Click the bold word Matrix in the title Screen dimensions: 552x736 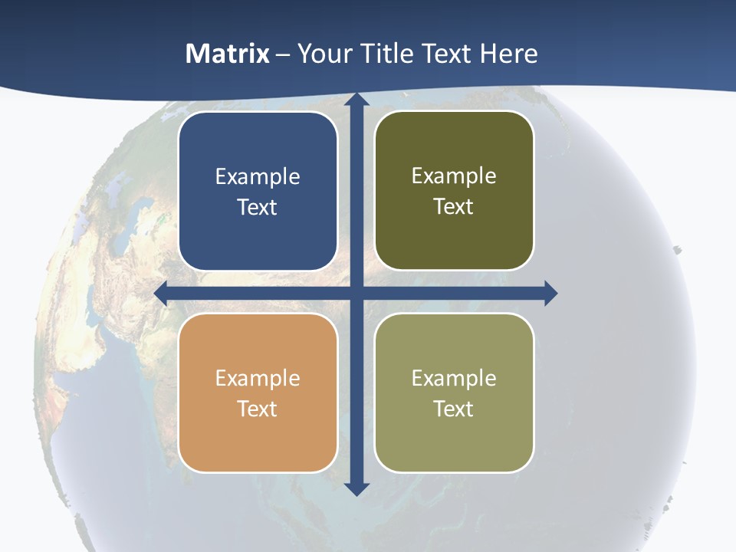pos(228,54)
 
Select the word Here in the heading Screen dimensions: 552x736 pos(508,54)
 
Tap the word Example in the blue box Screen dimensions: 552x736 pos(258,177)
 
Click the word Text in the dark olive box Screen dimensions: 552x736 pos(454,207)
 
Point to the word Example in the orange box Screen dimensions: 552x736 pos(258,379)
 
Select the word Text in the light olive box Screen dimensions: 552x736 pos(454,409)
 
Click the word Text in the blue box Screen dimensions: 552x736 pos(258,208)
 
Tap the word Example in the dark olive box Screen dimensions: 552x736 pos(454,176)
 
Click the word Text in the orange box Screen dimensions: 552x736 pos(258,409)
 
